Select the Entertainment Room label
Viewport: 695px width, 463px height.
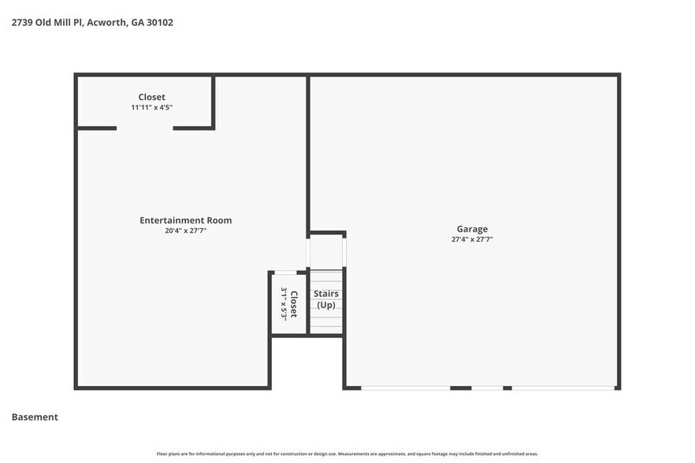pyautogui.click(x=186, y=220)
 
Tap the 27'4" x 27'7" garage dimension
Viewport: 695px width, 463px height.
pyautogui.click(x=473, y=239)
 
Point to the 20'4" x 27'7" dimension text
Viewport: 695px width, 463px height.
pyautogui.click(x=186, y=231)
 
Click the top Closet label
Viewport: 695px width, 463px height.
pyautogui.click(x=152, y=97)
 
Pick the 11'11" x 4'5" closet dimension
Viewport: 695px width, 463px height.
pyautogui.click(x=152, y=107)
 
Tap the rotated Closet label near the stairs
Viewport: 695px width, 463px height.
pyautogui.click(x=294, y=304)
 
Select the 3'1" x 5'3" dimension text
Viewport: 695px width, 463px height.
pyautogui.click(x=284, y=304)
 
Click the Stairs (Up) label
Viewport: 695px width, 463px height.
pyautogui.click(x=327, y=298)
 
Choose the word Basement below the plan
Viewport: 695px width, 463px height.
pyautogui.click(x=35, y=417)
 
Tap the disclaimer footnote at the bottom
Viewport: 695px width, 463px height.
pyautogui.click(x=347, y=454)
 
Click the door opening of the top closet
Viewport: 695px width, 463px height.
pyautogui.click(x=145, y=128)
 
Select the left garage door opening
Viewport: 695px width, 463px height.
pyautogui.click(x=405, y=387)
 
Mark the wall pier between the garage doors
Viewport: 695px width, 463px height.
pyautogui.click(x=461, y=387)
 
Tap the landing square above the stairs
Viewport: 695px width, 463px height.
pyautogui.click(x=326, y=251)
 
